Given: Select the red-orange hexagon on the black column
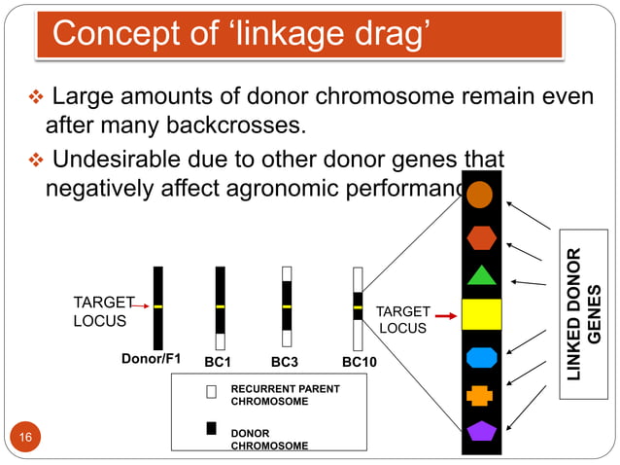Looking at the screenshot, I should (x=480, y=236).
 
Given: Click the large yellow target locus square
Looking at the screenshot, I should (x=480, y=314).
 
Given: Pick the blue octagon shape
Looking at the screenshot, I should (x=480, y=357).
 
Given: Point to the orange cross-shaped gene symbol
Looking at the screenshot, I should (x=480, y=395).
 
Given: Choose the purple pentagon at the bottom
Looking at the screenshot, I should (x=480, y=430).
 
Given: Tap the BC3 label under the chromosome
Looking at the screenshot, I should (x=284, y=362).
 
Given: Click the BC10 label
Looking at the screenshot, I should (x=360, y=362).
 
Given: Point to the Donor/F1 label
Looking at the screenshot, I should (x=151, y=359).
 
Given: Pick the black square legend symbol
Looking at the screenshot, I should (x=211, y=427).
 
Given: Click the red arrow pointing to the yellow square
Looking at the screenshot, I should (x=446, y=316).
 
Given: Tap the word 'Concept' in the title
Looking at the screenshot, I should (x=107, y=34).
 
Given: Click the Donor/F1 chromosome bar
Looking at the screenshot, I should (x=158, y=306).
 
